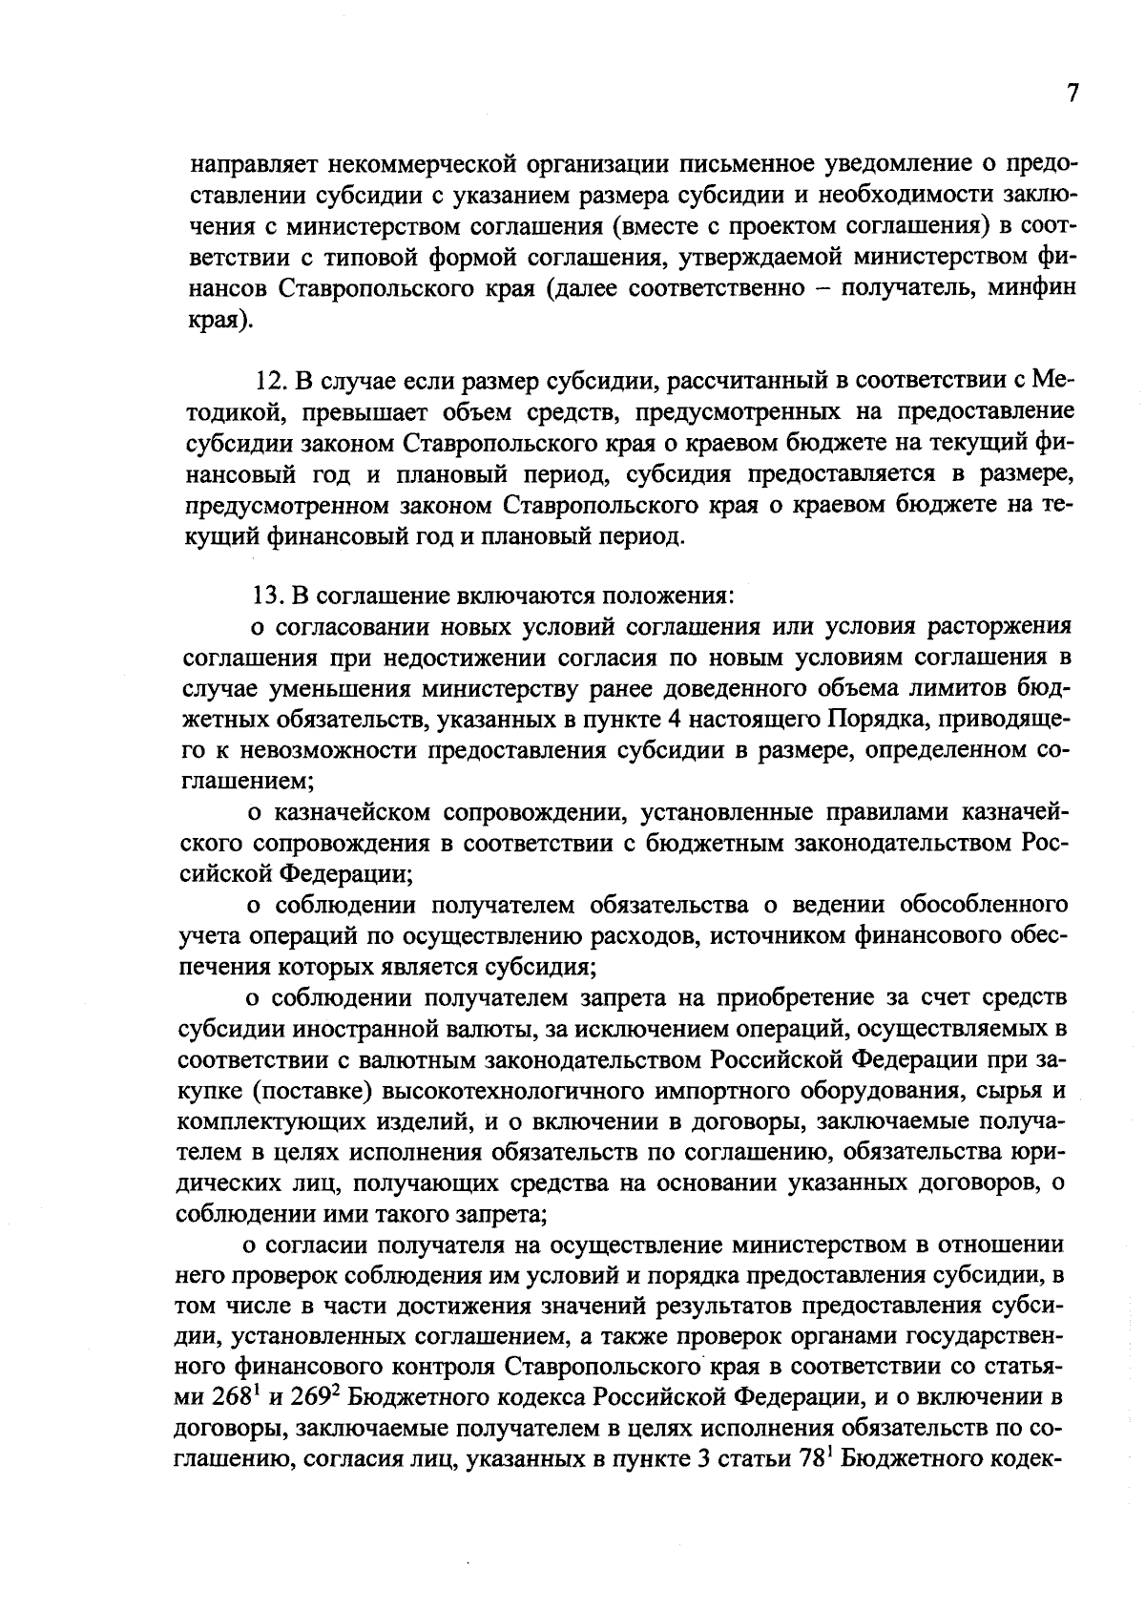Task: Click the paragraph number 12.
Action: coord(269,381)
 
